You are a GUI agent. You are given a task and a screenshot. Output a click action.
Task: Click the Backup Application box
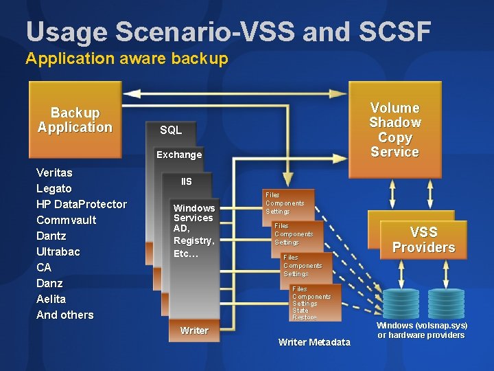point(75,120)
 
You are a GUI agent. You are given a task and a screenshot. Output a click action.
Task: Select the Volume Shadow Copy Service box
point(395,129)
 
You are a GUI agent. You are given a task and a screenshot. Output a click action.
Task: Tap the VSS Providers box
point(423,239)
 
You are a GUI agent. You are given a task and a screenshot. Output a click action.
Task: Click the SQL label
point(171,130)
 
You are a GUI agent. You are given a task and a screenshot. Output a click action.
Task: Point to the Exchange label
point(179,155)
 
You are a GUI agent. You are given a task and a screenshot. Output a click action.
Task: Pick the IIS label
point(187,181)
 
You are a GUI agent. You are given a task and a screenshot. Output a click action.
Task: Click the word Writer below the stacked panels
point(194,330)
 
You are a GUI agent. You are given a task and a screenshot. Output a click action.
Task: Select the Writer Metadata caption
point(314,342)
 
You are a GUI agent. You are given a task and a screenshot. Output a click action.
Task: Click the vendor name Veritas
point(54,172)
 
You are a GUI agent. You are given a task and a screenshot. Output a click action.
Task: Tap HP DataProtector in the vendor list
point(81,204)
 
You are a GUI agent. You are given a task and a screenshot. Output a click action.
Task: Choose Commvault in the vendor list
point(66,220)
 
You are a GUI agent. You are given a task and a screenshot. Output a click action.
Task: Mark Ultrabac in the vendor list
point(58,251)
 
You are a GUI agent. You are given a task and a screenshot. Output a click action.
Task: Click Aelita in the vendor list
point(51,299)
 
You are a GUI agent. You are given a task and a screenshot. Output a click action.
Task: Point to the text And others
point(64,315)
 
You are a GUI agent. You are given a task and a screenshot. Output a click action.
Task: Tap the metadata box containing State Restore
point(315,303)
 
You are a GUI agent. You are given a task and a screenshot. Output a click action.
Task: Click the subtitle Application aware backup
point(126,59)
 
